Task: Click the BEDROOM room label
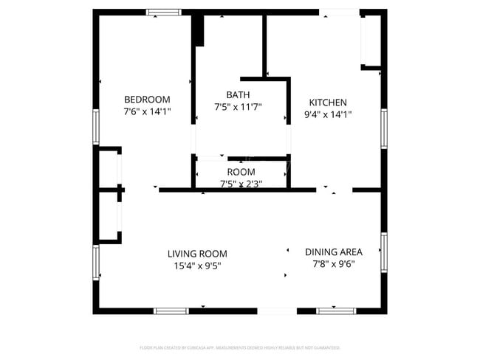point(146,100)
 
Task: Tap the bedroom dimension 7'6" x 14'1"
point(146,112)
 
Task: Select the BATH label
point(238,94)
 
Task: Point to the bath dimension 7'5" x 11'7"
point(238,107)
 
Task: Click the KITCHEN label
point(328,103)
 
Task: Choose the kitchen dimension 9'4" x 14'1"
point(328,114)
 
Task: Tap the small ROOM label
point(241,172)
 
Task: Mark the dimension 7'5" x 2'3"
point(241,183)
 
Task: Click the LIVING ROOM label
point(196,254)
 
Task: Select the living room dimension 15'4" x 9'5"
point(196,266)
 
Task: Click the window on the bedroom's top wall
point(163,12)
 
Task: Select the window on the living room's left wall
point(95,263)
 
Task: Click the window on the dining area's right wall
point(383,252)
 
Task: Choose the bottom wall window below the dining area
point(336,311)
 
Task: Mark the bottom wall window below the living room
point(171,311)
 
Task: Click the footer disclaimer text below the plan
point(239,347)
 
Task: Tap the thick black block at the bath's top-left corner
point(197,30)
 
